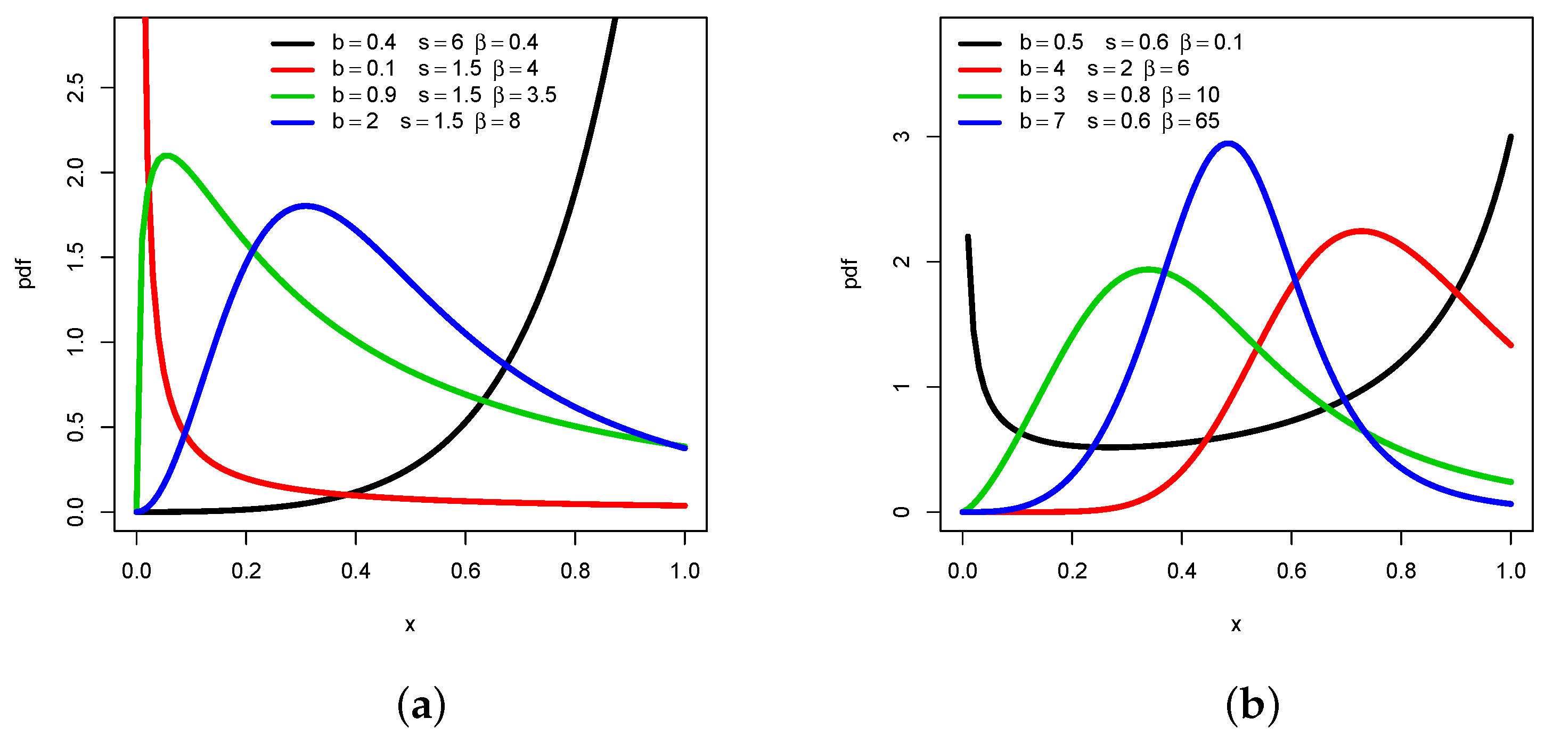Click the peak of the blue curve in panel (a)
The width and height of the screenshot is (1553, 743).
(306, 206)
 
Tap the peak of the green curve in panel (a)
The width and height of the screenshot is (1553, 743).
(166, 156)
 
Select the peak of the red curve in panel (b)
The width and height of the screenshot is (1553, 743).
(1361, 231)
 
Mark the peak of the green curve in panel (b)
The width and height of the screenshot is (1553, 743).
(1148, 270)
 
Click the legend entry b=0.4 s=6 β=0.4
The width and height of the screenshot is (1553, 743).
(434, 43)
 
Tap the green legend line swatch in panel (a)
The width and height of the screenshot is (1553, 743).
(292, 96)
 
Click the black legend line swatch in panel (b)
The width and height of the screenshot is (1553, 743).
(979, 44)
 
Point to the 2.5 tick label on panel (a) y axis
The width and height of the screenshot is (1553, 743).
(77, 88)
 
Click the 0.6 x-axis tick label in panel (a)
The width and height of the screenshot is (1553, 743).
(465, 571)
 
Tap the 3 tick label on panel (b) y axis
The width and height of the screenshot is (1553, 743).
(901, 137)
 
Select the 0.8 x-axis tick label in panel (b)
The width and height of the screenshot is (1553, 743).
(1401, 571)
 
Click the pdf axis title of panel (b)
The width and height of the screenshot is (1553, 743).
(851, 273)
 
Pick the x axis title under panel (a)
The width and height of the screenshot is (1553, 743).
(410, 625)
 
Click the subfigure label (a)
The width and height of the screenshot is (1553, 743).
(421, 705)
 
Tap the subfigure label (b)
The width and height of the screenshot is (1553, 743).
(1252, 705)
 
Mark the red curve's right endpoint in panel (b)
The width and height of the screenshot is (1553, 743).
(1511, 346)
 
